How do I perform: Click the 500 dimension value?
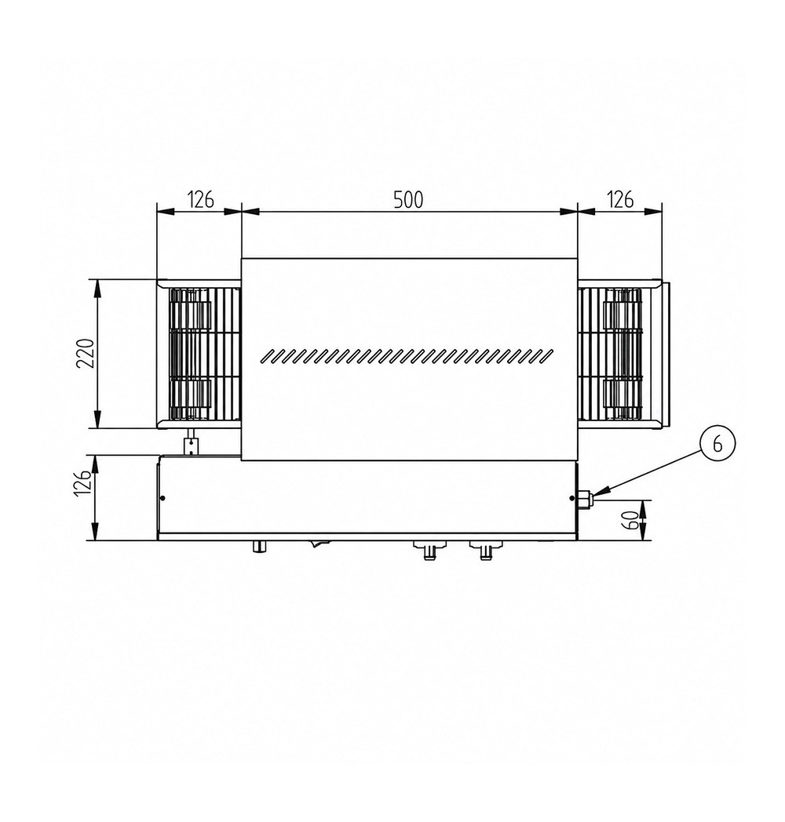[408, 200]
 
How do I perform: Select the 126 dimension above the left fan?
[200, 200]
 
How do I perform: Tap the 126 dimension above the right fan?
[619, 200]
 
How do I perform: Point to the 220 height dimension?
[85, 353]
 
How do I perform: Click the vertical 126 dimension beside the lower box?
[86, 482]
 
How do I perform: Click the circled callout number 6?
[717, 443]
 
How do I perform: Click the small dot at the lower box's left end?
[162, 498]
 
